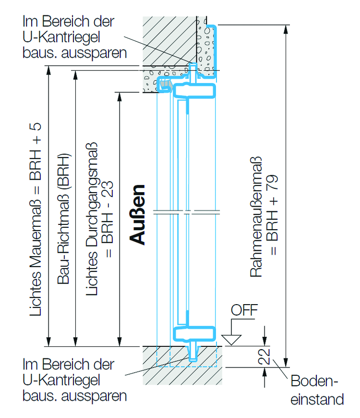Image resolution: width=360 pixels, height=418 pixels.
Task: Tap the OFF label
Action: [x=244, y=310]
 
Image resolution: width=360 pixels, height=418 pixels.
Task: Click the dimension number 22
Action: [x=264, y=357]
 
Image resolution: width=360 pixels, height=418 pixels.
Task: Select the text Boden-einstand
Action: [x=317, y=390]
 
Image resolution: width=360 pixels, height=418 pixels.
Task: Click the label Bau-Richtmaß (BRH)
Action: [x=64, y=219]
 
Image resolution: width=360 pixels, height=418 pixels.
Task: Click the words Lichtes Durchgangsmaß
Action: [x=92, y=219]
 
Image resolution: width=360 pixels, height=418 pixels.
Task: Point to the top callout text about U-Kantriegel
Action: [x=74, y=37]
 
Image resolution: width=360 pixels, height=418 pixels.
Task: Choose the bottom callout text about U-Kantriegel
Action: [x=74, y=380]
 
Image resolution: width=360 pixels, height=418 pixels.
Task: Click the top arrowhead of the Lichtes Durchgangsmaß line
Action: [x=120, y=96]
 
